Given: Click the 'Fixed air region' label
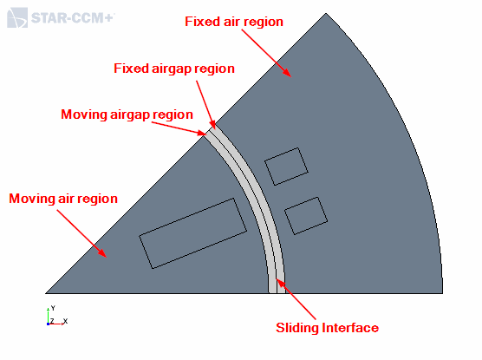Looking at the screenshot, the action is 234,22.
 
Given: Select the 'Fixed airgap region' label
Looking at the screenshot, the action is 174,69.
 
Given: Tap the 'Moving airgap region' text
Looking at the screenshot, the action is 127,115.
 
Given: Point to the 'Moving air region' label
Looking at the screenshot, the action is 63,199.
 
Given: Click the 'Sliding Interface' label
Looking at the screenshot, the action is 327,328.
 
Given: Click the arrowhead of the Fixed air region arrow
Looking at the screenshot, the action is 288,73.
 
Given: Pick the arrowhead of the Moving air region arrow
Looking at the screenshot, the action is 103,253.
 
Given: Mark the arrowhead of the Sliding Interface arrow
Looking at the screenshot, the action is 280,283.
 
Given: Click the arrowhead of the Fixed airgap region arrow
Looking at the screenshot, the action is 213,125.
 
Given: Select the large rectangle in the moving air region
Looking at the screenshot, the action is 193,233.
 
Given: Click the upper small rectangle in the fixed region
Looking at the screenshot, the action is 286,167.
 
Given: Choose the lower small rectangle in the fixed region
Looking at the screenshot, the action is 306,216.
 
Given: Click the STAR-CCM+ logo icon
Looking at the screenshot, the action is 17,18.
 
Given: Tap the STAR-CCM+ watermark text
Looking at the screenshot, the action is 73,18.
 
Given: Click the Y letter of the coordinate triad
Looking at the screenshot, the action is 53,308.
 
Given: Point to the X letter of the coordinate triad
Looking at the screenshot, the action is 65,322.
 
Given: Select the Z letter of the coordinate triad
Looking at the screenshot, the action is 52,321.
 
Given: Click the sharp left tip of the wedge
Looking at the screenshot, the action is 45,293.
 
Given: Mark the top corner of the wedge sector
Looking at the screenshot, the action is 326,13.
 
